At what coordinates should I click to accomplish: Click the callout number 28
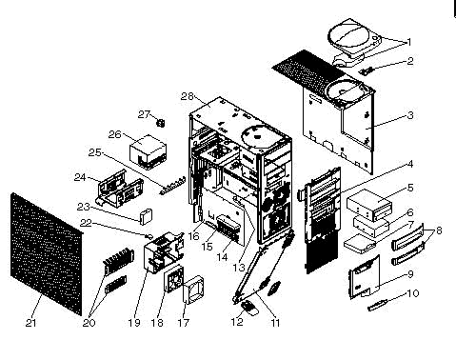point(188,96)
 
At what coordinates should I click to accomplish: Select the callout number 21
point(30,323)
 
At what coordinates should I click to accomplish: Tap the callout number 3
point(410,115)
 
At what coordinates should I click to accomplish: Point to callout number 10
point(412,293)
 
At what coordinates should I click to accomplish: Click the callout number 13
point(239,268)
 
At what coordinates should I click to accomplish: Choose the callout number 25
point(94,152)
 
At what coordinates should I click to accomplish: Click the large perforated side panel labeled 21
point(47,253)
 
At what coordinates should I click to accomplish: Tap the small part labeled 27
point(161,123)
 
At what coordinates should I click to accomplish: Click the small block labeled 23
point(146,216)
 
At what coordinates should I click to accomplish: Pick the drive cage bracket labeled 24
point(120,189)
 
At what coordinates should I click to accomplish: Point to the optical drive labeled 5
point(369,206)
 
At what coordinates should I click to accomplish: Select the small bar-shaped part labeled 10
point(378,306)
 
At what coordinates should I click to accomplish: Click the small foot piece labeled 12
point(249,309)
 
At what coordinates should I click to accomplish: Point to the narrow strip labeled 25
point(173,186)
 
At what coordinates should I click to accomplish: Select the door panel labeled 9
point(365,277)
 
